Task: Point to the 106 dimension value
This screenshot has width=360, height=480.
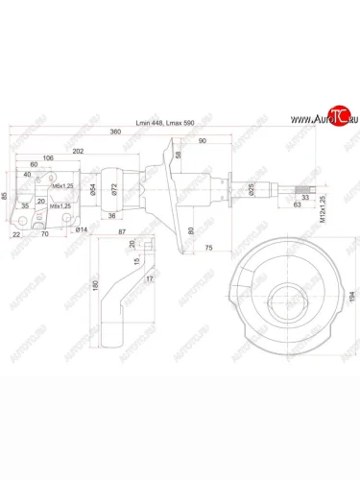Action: pos(48,159)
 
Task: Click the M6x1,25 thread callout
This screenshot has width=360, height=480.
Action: pos(63,184)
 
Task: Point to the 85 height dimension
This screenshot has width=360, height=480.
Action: pos(5,196)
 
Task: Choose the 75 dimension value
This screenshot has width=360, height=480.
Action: pos(208,247)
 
